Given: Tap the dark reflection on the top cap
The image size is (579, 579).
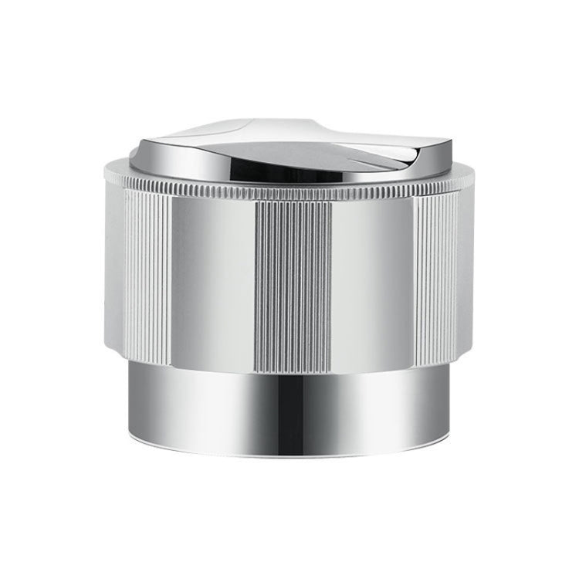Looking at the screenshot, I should point(324,157).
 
